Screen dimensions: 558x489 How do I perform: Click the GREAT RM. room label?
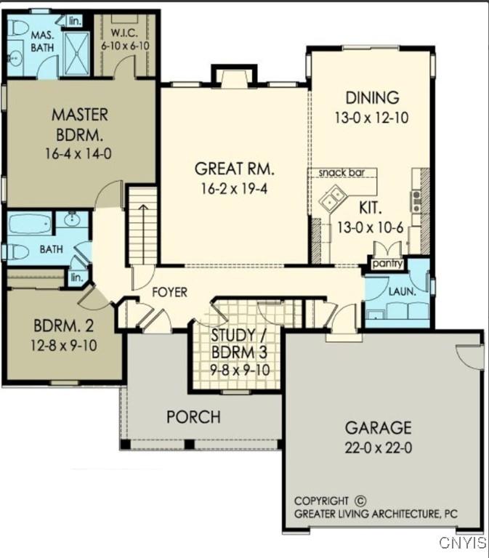click(x=234, y=169)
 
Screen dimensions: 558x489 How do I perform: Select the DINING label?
click(x=372, y=97)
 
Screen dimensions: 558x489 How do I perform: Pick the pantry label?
click(x=387, y=264)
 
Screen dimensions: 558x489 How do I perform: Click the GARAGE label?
click(x=378, y=427)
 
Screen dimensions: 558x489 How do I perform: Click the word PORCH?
click(x=193, y=417)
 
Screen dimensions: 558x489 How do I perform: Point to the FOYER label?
click(x=169, y=292)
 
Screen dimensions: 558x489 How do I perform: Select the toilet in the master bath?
click(x=18, y=28)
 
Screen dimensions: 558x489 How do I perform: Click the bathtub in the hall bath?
click(x=30, y=222)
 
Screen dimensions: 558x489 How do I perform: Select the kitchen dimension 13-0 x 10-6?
click(x=369, y=227)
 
